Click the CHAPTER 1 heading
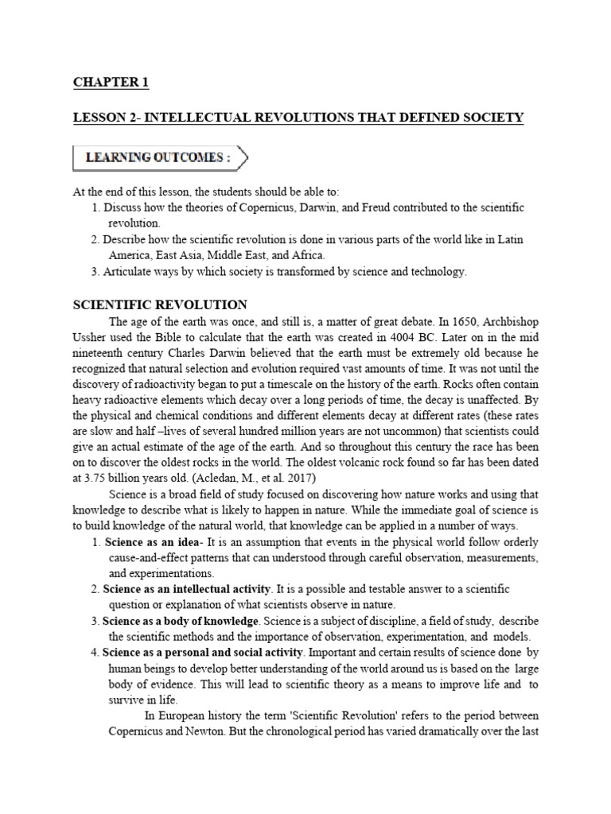pyautogui.click(x=111, y=83)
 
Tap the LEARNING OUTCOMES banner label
pyautogui.click(x=152, y=158)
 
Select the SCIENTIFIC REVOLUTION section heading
pyautogui.click(x=160, y=304)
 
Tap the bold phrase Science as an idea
pyautogui.click(x=150, y=542)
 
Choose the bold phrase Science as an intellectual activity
pyautogui.click(x=188, y=589)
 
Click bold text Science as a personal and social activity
pyautogui.click(x=203, y=652)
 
